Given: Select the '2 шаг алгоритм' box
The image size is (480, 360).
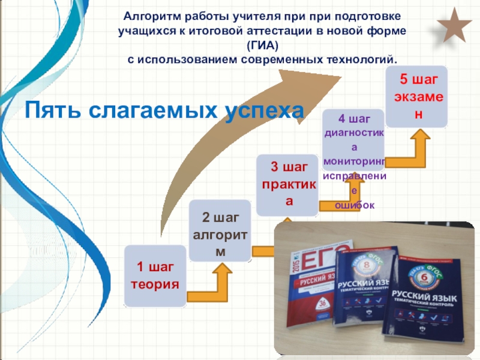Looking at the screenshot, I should pos(220,230).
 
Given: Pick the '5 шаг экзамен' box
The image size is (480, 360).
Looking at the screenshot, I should pos(416,96).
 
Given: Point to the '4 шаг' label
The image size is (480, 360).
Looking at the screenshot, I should pos(355,118).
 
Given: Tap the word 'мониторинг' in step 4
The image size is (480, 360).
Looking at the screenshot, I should pos(354,162).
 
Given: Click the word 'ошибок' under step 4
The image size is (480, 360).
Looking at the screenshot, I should pos(354,205).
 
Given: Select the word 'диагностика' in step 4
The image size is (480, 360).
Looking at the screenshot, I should pos(354,133).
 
